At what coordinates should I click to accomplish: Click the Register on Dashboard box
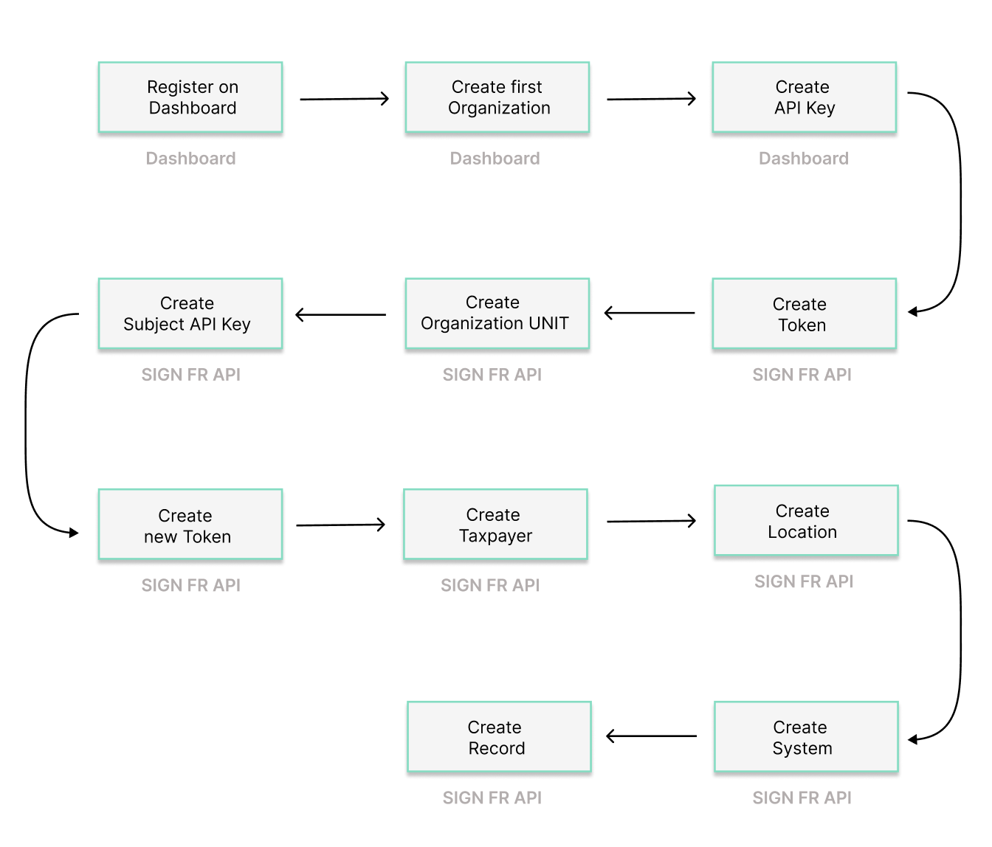coord(190,97)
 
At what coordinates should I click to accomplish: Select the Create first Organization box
coord(497,97)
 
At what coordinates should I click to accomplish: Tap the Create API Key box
coord(804,97)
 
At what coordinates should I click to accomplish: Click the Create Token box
coord(804,314)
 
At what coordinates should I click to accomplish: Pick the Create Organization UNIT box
coord(497,314)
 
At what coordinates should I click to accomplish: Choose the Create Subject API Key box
coord(190,314)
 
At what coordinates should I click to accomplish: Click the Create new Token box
coord(190,525)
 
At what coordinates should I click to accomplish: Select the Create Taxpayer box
coord(495,525)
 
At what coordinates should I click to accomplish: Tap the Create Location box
coord(806,521)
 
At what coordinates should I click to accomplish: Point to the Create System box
coord(806,737)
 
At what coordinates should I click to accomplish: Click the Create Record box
coord(499,737)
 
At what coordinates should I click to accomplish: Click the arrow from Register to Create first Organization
coord(344,99)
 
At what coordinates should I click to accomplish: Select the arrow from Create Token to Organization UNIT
coord(650,314)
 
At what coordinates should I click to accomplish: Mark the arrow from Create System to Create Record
coord(651,736)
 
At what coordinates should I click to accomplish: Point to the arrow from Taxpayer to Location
coord(651,522)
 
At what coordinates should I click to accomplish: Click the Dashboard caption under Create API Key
coord(804,159)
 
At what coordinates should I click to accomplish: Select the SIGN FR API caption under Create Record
coord(492,798)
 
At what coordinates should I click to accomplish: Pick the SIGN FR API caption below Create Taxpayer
coord(490,585)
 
